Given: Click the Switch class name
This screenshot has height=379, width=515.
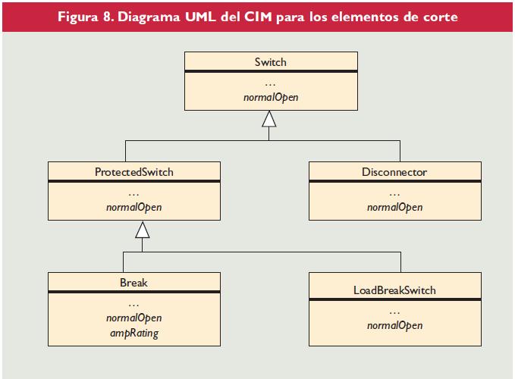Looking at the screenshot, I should pos(272,61).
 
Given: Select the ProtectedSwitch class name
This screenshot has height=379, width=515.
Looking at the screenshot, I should pos(133,172).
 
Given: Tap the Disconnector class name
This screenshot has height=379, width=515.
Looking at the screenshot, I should pos(394,172).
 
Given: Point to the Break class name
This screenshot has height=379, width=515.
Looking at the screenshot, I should pos(133,283).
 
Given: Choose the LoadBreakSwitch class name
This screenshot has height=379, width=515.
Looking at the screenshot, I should pos(394,290).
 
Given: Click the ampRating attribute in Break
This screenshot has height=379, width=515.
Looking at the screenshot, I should pos(134,333).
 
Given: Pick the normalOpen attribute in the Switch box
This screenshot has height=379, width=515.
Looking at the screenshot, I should pos(272,97).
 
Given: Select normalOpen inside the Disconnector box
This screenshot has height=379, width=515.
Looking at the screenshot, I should pos(394,207).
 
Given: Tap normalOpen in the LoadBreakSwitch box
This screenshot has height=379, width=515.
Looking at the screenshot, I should pos(394,325).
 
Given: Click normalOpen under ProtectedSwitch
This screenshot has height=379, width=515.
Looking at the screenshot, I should pos(134,207).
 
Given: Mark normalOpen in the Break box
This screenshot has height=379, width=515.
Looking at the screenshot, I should pos(134,318).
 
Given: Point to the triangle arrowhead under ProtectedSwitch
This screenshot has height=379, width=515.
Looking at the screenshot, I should pos(142,229).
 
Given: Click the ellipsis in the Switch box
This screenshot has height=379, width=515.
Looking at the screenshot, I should pos(272,83).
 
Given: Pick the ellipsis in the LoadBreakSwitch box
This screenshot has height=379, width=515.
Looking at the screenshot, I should pos(394,312).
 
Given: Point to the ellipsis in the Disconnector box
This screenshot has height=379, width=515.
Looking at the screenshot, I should pos(394,193).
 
